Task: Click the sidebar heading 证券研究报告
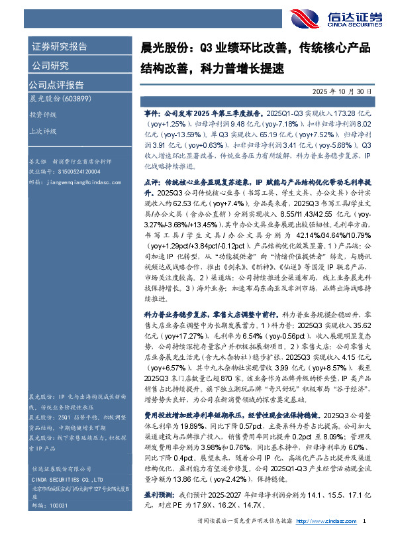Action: click(60, 47)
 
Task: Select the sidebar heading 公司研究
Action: click(50, 65)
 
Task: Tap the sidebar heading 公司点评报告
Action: click(56, 84)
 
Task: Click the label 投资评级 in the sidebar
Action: click(41, 114)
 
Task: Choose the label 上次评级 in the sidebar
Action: click(41, 131)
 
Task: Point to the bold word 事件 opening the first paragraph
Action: click(151, 113)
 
